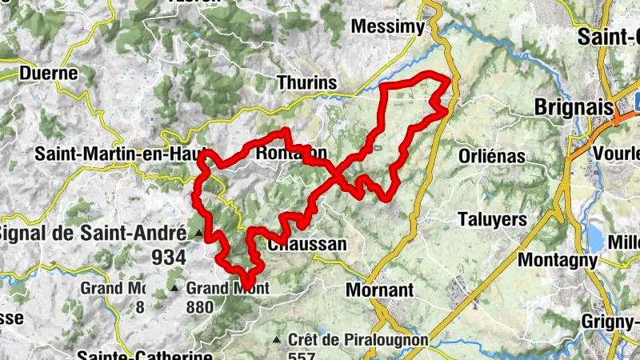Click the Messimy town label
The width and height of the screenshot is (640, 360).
(x=388, y=27)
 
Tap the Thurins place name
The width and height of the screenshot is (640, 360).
(x=306, y=82)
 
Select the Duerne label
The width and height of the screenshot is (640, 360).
(x=49, y=74)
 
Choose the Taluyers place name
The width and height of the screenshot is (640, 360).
(x=492, y=219)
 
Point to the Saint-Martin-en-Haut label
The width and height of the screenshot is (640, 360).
(x=118, y=153)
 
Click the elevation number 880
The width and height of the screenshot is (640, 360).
(x=200, y=306)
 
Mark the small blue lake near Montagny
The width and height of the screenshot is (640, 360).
(x=595, y=237)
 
